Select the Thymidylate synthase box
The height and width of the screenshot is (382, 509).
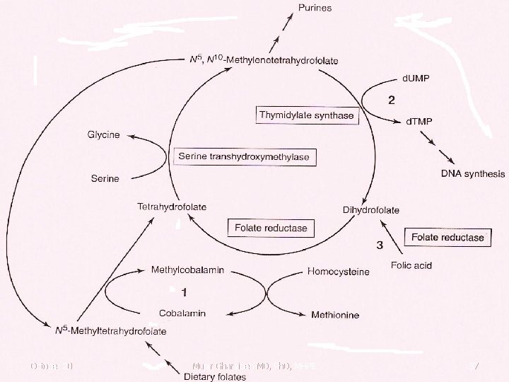coord(307,115)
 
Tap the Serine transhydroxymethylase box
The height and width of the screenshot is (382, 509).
coord(244,156)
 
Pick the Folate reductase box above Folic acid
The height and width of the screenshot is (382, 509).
coord(448,238)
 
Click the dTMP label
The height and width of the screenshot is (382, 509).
coord(419,122)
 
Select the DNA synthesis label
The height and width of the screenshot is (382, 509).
coord(473,173)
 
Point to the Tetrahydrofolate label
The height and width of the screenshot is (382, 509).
coord(172,207)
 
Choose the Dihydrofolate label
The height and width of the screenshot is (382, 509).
coord(370,210)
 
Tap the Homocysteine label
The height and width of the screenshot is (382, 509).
coord(338,272)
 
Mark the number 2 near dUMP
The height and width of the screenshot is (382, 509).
coord(391,100)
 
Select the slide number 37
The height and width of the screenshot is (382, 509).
coord(474,366)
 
